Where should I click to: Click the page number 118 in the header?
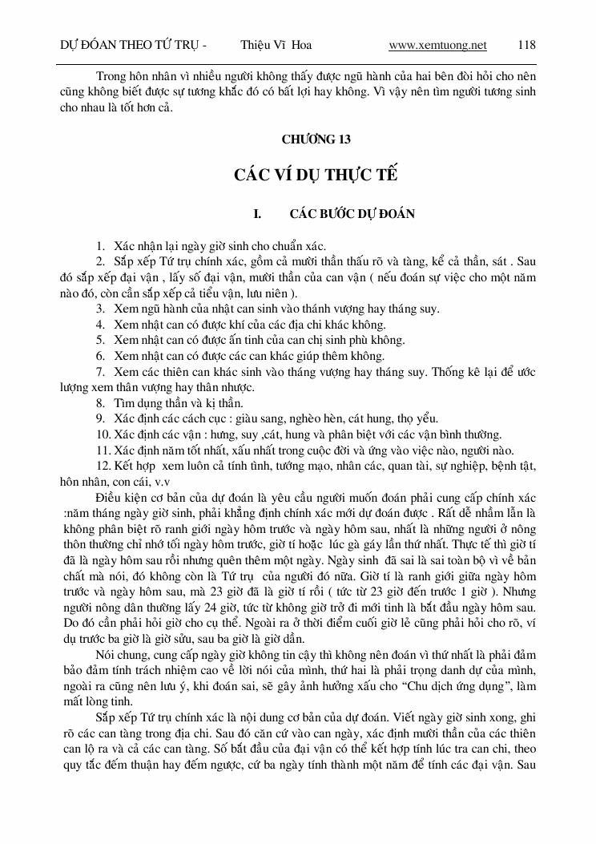[527, 46]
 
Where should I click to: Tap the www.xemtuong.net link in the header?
[437, 46]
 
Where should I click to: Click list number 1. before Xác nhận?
[102, 247]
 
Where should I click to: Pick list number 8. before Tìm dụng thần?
[102, 403]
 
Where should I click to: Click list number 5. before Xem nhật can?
[102, 341]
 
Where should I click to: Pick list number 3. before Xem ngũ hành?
[102, 309]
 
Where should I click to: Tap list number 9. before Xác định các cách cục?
[102, 419]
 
